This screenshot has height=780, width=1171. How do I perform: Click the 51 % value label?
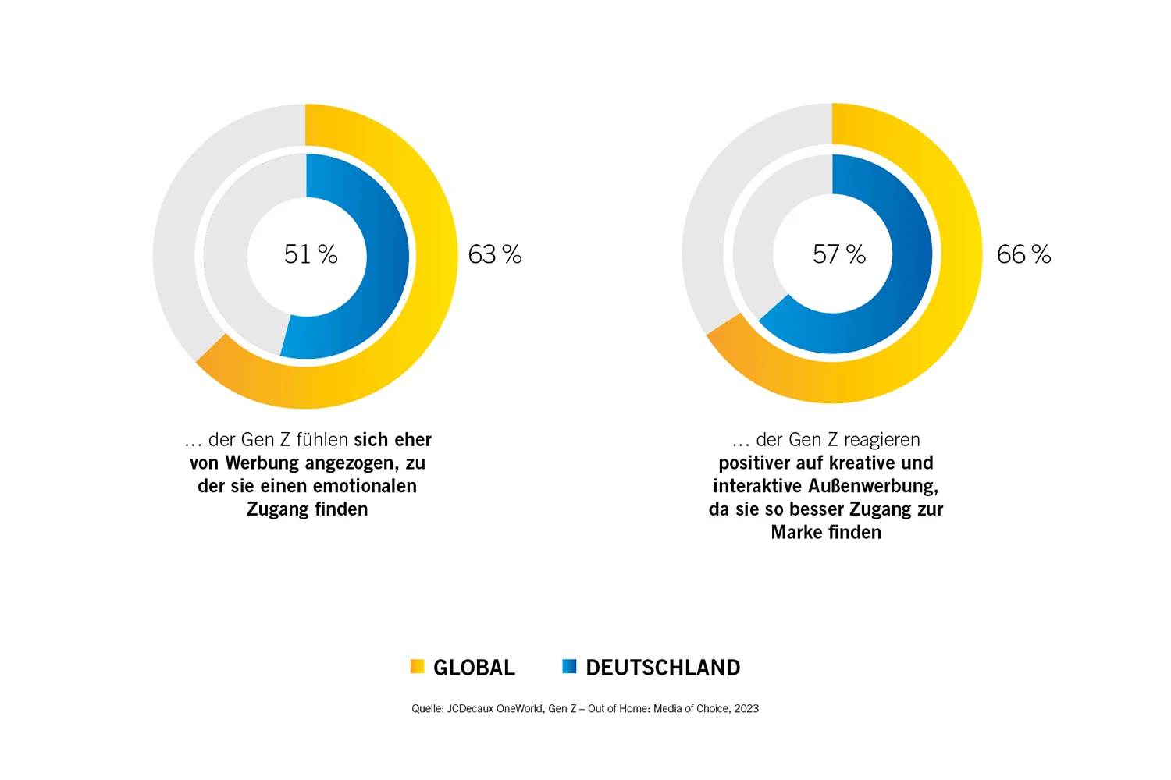(x=311, y=254)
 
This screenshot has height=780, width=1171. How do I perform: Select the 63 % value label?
(x=495, y=254)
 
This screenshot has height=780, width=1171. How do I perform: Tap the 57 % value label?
(x=839, y=254)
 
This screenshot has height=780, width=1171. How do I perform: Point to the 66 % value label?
(x=1023, y=254)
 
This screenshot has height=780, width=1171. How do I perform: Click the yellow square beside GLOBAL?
(x=417, y=666)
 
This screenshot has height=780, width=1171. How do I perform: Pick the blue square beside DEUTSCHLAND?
(x=569, y=666)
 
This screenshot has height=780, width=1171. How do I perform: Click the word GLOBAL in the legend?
(x=474, y=668)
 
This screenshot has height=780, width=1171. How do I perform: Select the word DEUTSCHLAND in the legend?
(x=663, y=668)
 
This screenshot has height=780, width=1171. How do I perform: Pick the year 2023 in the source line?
(x=746, y=708)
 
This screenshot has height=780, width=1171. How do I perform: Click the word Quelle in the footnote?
(x=427, y=708)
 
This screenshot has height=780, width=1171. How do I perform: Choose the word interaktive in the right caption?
(x=753, y=486)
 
